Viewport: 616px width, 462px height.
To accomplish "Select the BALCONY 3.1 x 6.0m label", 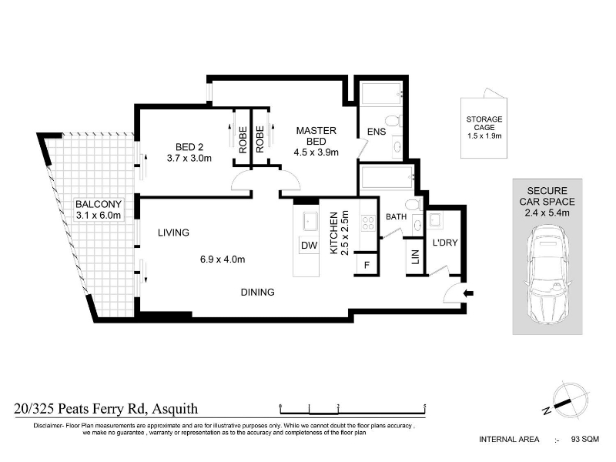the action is [99, 209].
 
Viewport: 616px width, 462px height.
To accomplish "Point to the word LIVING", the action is [173, 233].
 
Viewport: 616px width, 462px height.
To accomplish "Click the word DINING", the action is [258, 293].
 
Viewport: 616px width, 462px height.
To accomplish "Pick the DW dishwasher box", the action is [310, 245].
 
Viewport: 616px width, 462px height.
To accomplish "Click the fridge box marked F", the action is [367, 264].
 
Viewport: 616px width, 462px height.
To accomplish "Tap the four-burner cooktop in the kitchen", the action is [368, 223].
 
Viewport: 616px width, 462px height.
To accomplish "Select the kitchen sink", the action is [310, 221].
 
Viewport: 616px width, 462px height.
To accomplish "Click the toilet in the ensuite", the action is [393, 120].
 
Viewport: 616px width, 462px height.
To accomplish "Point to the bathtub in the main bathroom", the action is [387, 178].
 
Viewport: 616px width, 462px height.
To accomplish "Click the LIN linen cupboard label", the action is [415, 257].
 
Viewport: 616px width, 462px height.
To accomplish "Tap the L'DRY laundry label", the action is [445, 243].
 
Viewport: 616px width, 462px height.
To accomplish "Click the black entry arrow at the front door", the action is [469, 293].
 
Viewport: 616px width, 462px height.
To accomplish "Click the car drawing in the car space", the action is [547, 274].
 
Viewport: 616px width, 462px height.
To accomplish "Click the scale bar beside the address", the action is [353, 410].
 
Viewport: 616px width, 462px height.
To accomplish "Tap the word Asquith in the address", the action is [175, 409].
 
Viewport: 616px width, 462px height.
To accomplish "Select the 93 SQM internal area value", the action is [585, 439].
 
